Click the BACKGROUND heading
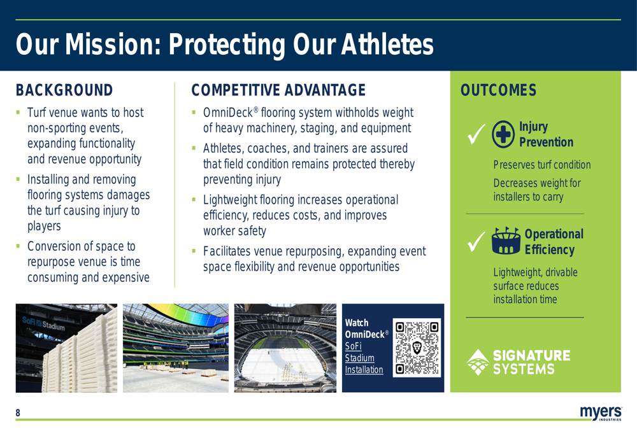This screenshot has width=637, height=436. point(64,90)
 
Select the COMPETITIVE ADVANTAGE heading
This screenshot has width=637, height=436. point(278,90)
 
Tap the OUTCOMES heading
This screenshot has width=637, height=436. point(499,90)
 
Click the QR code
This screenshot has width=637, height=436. point(417,348)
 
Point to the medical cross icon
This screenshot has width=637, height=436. point(503,134)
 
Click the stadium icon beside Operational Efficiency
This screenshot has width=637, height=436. point(506,241)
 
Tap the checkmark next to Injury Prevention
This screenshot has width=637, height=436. point(476,134)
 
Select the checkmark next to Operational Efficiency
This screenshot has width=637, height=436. point(476,242)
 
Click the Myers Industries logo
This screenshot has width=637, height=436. point(601,413)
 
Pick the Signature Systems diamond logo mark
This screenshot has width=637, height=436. point(478,362)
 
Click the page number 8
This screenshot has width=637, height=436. point(18,413)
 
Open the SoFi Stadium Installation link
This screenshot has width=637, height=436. point(364,358)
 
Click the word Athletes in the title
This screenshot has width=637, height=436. point(387,44)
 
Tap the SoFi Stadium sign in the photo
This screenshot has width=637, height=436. point(43,323)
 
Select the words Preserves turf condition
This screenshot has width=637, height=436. point(542,165)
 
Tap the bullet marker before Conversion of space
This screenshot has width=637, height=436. point(18,246)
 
